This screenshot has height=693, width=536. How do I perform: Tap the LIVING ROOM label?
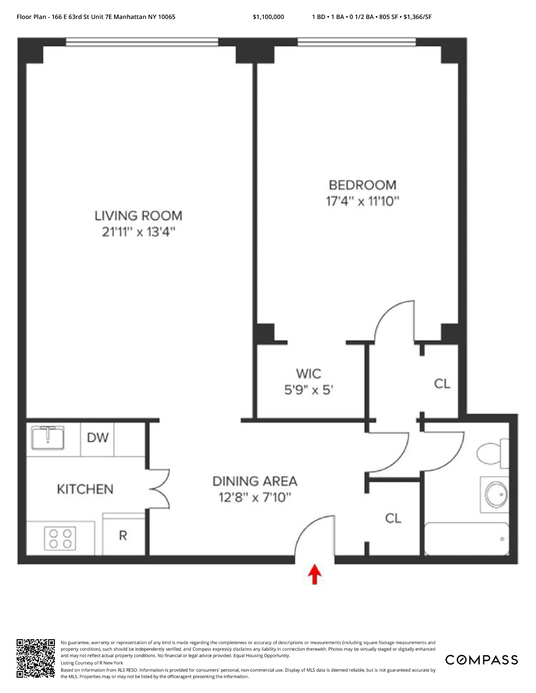coord(138,216)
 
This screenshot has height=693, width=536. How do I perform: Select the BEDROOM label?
coord(363,185)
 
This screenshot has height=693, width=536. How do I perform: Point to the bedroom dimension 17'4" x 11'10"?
coord(363,202)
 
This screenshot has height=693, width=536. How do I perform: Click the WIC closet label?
coord(309,374)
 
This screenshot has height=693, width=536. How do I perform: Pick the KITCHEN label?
coord(85,489)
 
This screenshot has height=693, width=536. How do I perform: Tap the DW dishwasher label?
coord(98,438)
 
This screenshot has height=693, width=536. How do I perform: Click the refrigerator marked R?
coord(123,535)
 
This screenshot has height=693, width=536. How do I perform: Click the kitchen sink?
coord(48,438)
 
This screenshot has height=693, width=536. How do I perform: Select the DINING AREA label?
coord(255,481)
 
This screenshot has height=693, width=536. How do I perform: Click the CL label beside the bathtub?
coord(393,518)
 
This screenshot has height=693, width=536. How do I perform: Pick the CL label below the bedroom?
coord(442,384)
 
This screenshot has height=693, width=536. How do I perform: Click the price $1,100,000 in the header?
coord(268,17)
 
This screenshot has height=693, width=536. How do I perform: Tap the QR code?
coord(36,658)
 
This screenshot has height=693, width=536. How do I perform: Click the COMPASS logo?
coord(481,660)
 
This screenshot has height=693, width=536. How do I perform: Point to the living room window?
coord(142,42)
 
